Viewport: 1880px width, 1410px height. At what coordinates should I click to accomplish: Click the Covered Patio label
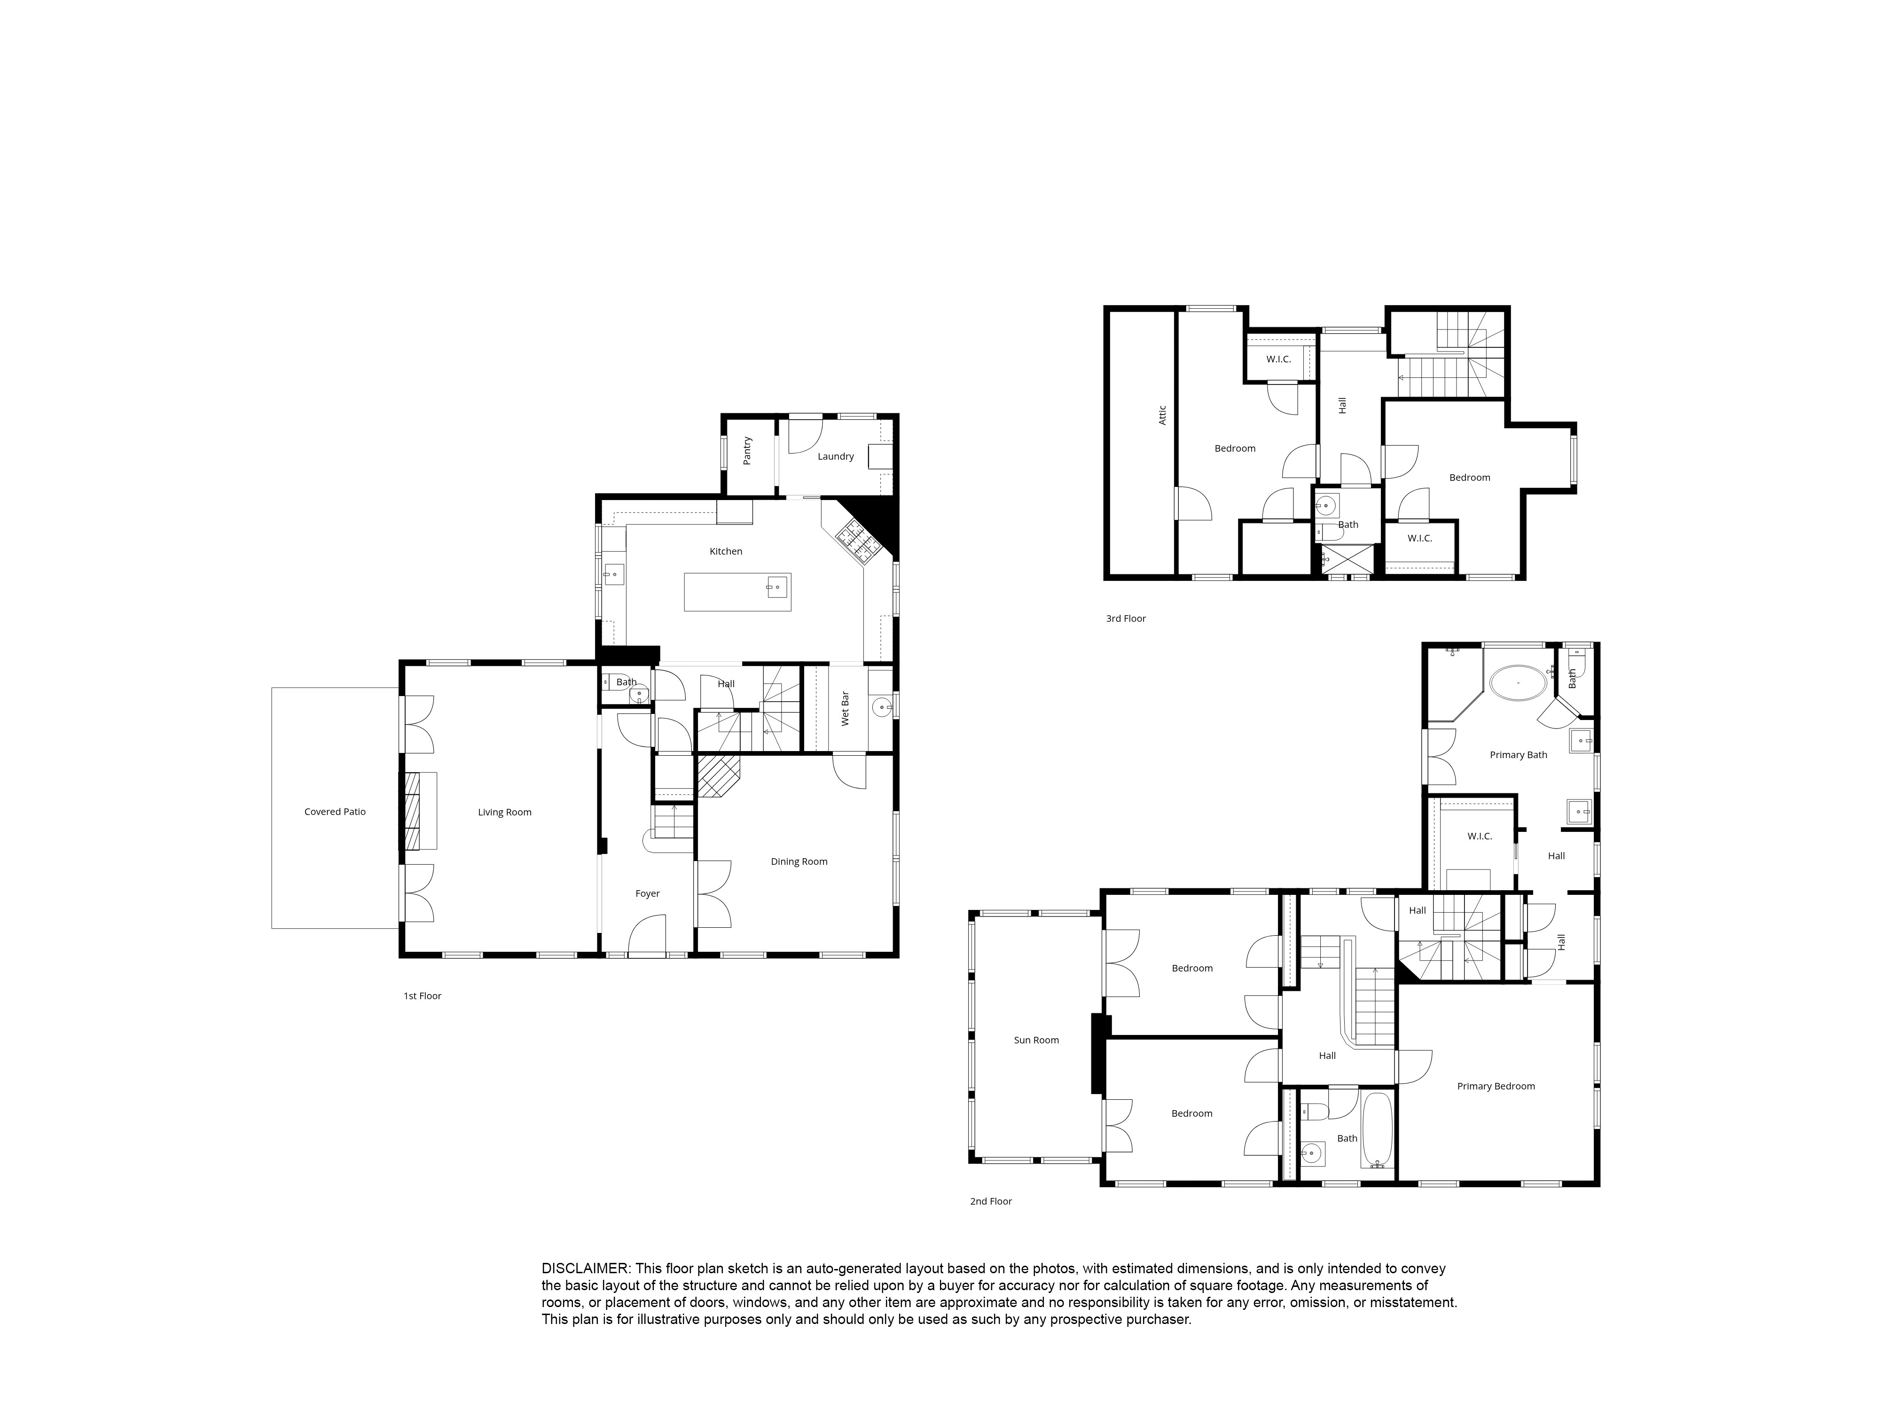coord(335,812)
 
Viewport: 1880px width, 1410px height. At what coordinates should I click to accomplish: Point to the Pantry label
coord(747,450)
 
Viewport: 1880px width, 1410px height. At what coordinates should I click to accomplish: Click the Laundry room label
coord(836,456)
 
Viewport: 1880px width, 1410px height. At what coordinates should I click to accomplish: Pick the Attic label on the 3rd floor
coord(1162,415)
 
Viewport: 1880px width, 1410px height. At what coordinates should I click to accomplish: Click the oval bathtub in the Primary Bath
coord(1518,682)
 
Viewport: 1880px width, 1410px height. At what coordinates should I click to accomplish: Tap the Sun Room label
coord(1036,1040)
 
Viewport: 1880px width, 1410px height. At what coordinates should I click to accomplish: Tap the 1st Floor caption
coord(423,996)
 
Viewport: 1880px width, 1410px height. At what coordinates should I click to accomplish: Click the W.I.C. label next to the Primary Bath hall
coord(1480,836)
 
